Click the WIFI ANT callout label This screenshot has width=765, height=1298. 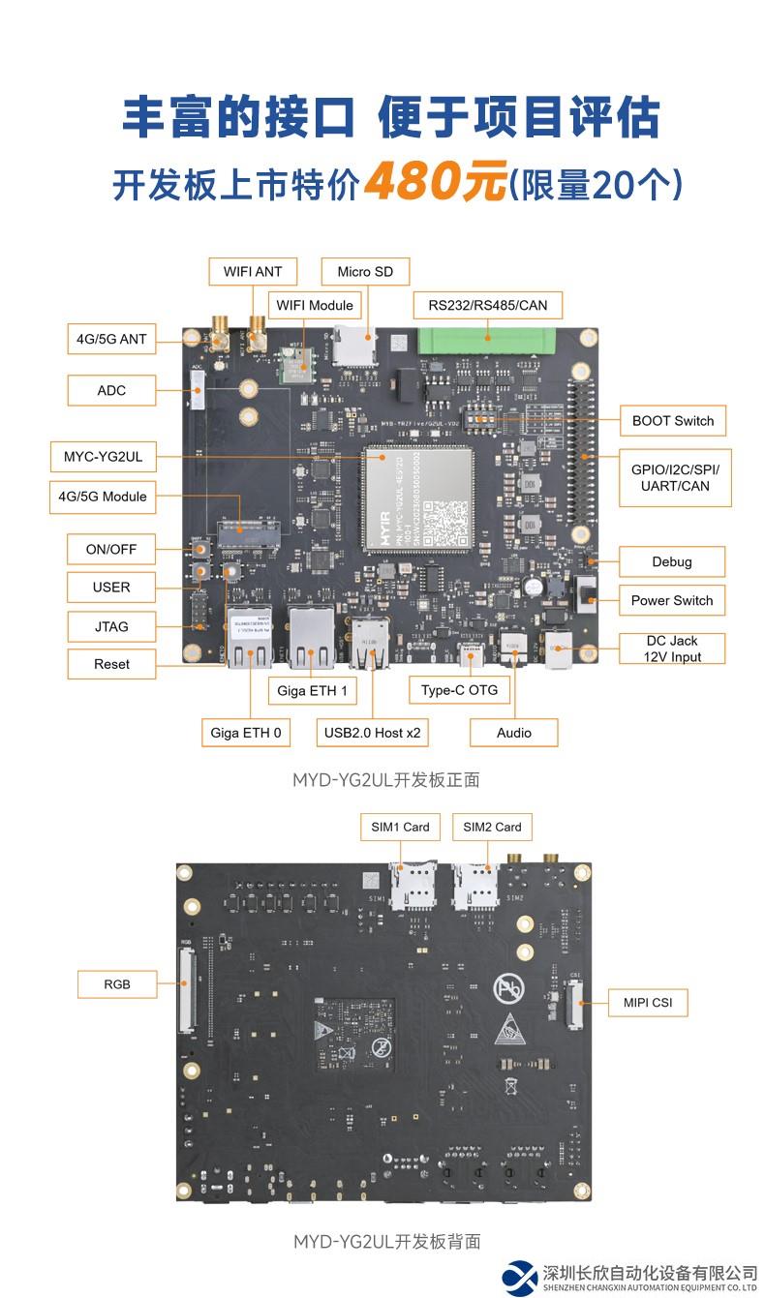[x=253, y=271]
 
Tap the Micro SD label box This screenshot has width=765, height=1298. [x=365, y=271]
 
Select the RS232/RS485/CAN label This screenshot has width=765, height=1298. [x=487, y=305]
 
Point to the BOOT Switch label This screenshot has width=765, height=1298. [x=672, y=420]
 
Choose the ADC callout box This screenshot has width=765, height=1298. [x=111, y=390]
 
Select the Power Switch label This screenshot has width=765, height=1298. [x=671, y=600]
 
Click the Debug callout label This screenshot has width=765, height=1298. [x=671, y=561]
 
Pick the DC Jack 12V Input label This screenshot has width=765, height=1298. [x=671, y=649]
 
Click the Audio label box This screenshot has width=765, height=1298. [x=513, y=733]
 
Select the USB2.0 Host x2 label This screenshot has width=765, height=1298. [x=372, y=733]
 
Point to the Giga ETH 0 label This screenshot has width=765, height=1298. [x=245, y=733]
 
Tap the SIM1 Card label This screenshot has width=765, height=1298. [x=400, y=827]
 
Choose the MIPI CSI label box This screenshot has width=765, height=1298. [x=647, y=1002]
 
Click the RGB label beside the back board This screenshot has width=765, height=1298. [x=117, y=985]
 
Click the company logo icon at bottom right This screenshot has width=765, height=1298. [x=519, y=1277]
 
